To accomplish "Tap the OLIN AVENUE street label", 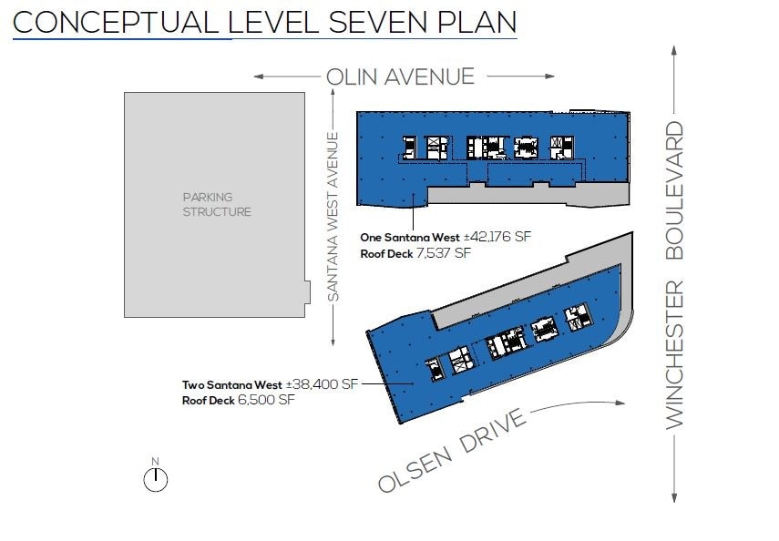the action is click(x=400, y=77).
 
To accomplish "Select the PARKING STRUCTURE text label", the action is click(x=217, y=205).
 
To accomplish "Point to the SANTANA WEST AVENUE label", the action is click(x=333, y=217).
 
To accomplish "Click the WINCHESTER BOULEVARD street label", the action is click(x=674, y=275).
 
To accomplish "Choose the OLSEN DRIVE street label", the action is click(x=452, y=450).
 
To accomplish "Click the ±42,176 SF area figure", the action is click(x=497, y=237).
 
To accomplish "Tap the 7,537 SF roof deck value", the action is click(x=444, y=253).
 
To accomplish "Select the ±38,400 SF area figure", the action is click(x=322, y=384).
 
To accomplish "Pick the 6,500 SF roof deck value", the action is click(x=266, y=400).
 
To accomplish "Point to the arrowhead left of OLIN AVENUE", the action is click(x=259, y=77).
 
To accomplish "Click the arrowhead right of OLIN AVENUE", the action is click(x=549, y=76).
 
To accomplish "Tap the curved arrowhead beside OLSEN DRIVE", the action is click(x=620, y=403).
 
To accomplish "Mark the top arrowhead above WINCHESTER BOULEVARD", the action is click(x=674, y=50).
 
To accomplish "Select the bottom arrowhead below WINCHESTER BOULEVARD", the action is click(x=674, y=497).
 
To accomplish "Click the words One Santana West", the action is click(x=410, y=238).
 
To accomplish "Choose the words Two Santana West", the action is click(x=232, y=385).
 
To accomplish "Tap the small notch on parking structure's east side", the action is click(x=308, y=292).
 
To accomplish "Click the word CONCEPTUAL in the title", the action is click(x=116, y=23).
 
